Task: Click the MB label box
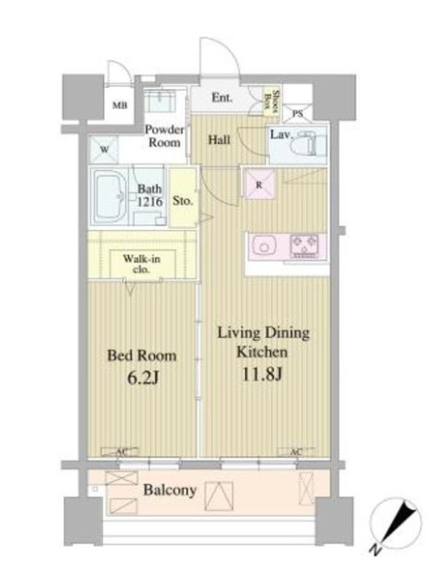coord(119,106)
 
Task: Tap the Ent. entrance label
coord(223,97)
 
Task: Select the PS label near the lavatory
coord(298,114)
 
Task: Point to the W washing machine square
coord(103,149)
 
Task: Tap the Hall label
coord(220,140)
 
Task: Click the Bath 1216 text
coord(150,196)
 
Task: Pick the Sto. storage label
coord(183,201)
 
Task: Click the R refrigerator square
coord(258,185)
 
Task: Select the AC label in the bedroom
coord(121,453)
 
